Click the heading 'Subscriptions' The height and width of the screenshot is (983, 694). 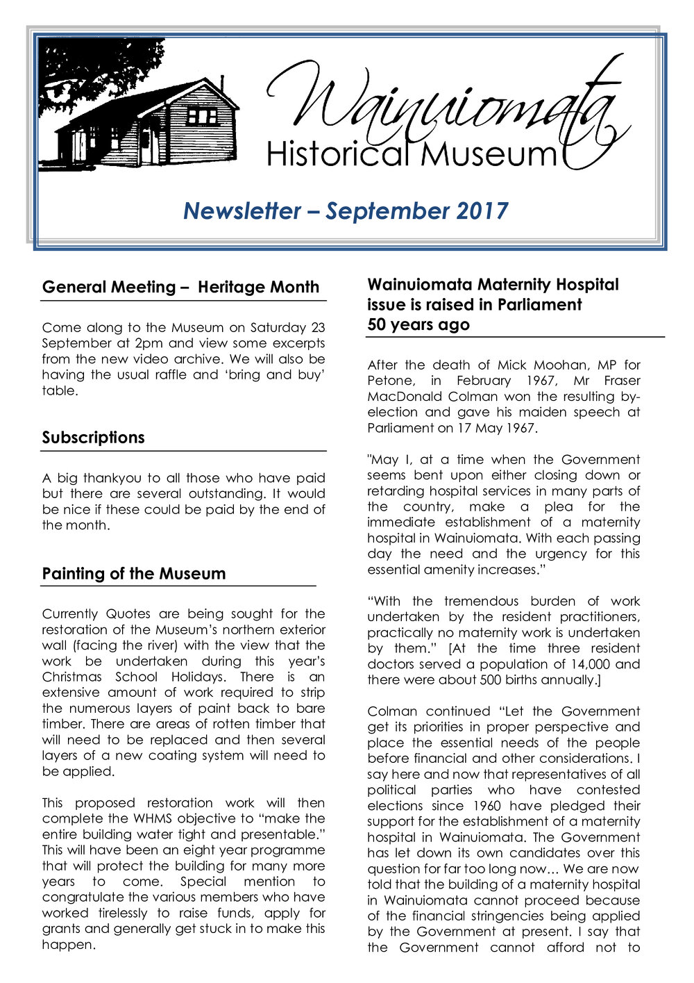pos(93,438)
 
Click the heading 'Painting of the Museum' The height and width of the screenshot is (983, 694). pos(134,574)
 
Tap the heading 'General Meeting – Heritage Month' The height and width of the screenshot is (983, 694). pos(180,288)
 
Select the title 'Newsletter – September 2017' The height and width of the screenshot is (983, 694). pos(346,211)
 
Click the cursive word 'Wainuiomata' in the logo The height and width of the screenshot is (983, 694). pos(444,104)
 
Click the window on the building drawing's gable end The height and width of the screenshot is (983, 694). pos(203,115)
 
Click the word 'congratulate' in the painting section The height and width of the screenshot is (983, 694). pos(85,897)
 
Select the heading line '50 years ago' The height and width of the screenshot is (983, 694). pos(418,325)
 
